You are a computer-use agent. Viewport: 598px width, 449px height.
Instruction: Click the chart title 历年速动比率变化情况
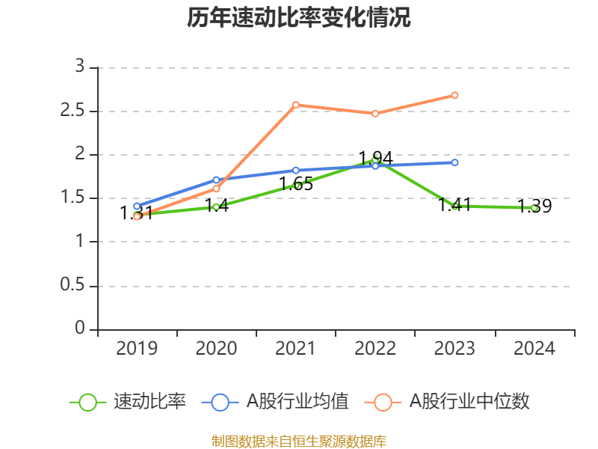point(299,19)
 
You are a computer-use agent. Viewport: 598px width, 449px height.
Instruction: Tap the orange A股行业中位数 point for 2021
point(296,105)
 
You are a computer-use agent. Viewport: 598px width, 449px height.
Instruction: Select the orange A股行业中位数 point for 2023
point(454,95)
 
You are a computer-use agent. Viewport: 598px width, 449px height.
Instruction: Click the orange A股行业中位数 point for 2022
point(375,113)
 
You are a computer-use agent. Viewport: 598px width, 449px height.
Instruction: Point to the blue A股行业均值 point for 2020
point(216,180)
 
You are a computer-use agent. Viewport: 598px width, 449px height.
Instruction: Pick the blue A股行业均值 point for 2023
point(454,162)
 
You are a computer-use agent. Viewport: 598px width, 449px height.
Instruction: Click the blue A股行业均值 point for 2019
point(137,206)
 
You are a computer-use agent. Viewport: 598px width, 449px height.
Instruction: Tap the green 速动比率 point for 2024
point(534,207)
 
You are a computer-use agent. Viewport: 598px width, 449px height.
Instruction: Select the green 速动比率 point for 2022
point(375,159)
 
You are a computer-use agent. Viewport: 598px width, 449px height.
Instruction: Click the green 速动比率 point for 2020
point(216,207)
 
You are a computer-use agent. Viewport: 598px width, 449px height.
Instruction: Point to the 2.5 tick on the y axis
point(78,112)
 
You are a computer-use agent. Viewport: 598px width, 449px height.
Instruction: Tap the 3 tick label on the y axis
point(80,67)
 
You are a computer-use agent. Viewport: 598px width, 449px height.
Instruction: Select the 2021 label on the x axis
point(296,349)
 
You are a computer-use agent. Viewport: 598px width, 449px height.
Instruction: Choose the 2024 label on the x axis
point(534,349)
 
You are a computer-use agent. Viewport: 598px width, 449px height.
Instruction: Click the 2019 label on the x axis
point(137,349)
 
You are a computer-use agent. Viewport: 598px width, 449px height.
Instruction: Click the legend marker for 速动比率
point(87,402)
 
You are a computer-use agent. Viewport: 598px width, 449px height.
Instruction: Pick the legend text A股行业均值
point(298,402)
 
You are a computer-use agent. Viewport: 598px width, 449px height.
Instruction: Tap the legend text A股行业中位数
point(469,402)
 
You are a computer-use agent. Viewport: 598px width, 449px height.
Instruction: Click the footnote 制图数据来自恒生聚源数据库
point(299,441)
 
